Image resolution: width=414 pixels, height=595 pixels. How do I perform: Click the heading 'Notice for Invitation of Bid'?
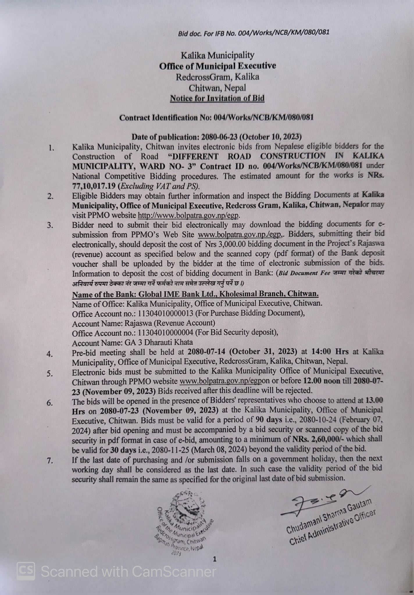[x=217, y=98]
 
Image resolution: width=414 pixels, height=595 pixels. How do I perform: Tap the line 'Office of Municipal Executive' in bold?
[x=217, y=66]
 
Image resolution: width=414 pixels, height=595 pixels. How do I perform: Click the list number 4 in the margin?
[x=50, y=354]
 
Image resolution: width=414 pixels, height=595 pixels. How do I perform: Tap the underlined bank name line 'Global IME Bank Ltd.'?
[x=195, y=294]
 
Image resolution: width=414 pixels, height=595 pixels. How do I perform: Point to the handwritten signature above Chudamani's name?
[x=320, y=501]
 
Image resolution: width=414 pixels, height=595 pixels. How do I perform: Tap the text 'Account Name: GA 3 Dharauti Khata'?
[x=132, y=343]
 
